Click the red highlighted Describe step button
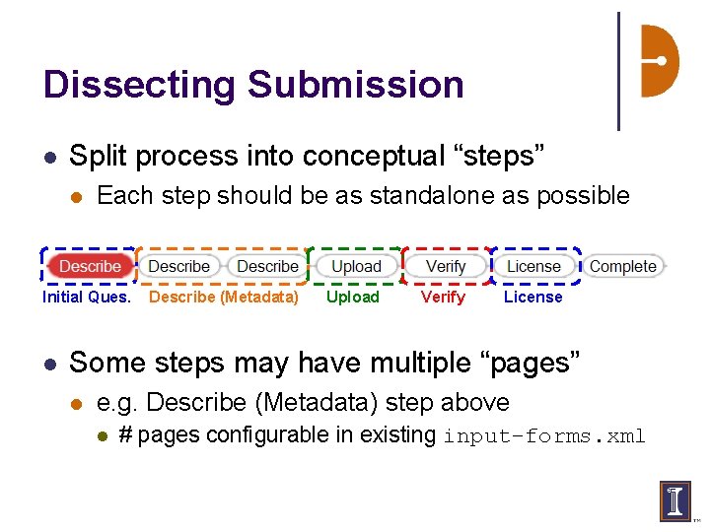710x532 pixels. point(90,266)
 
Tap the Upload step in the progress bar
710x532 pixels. point(356,266)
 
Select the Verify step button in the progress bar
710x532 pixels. point(446,266)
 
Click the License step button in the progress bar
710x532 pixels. point(533,266)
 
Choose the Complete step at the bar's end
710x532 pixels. point(622,266)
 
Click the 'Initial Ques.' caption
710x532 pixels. point(87,297)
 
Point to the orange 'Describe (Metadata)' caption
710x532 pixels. point(224,297)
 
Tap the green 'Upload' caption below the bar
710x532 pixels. point(353,297)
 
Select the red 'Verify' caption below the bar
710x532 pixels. point(443,297)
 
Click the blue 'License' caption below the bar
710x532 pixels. point(533,297)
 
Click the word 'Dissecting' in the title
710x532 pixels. point(139,85)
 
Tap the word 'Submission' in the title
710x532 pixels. point(356,85)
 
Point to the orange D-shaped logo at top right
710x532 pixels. point(659,61)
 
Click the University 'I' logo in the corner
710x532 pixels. point(675,499)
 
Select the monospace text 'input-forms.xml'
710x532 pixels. point(544,435)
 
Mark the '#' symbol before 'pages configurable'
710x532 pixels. point(125,435)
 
